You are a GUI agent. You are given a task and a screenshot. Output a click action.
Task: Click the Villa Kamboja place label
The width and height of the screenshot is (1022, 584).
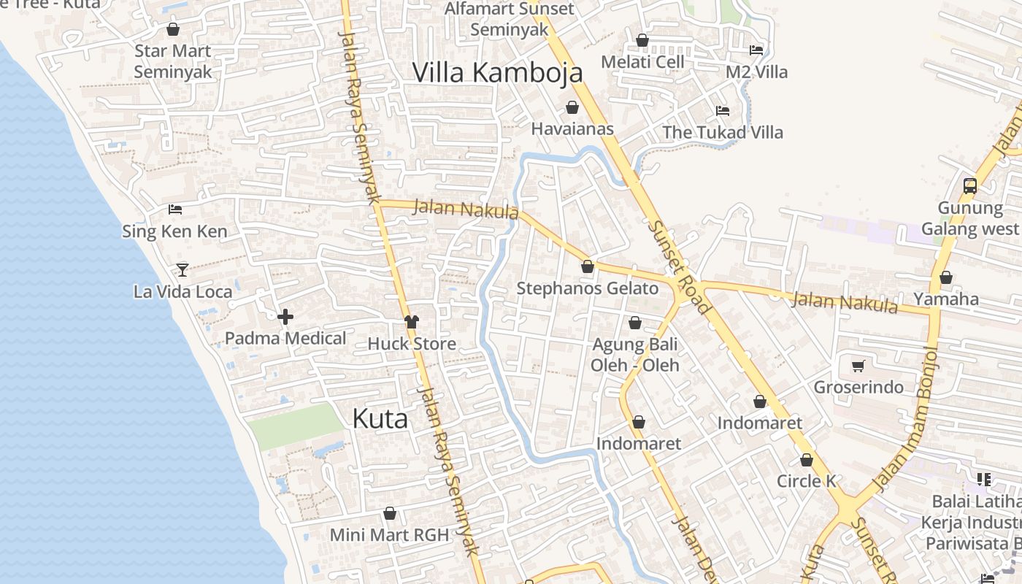tap(498, 72)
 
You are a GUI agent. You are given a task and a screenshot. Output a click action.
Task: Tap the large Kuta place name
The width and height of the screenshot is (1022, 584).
tap(380, 418)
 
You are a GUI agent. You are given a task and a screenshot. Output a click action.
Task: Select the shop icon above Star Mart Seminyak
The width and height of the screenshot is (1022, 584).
tap(173, 29)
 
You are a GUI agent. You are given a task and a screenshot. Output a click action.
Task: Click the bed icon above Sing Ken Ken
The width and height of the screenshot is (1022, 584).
tap(175, 210)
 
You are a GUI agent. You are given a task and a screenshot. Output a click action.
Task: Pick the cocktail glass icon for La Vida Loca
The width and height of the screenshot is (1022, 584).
tap(182, 270)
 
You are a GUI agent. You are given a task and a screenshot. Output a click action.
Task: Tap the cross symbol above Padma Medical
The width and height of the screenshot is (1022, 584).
tap(285, 317)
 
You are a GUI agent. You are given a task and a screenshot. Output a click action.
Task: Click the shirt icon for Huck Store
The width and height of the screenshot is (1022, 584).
tap(412, 322)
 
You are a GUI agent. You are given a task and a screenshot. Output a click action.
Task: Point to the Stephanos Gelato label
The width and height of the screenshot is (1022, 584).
tap(588, 288)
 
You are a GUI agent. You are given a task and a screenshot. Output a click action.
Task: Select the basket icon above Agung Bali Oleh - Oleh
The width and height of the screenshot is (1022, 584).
tap(635, 322)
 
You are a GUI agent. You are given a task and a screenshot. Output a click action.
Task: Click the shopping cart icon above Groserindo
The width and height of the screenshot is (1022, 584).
tap(858, 366)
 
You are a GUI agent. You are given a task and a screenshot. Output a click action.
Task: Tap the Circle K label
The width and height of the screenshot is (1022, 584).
tap(806, 481)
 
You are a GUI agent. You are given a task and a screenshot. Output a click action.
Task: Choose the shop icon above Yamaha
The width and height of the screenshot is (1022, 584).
tap(946, 277)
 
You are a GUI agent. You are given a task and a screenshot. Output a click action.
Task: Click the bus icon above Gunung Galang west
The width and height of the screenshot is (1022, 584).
tap(970, 185)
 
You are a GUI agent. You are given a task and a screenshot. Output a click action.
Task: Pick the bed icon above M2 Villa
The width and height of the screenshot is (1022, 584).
tap(756, 50)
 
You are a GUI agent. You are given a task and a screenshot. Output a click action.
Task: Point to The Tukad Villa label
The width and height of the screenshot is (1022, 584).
tap(723, 133)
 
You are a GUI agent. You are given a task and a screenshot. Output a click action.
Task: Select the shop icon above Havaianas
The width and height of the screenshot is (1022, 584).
tap(572, 107)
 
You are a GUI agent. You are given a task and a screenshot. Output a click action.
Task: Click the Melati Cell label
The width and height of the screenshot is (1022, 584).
tap(643, 62)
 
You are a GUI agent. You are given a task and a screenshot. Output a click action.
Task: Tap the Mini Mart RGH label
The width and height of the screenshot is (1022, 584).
tap(389, 534)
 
